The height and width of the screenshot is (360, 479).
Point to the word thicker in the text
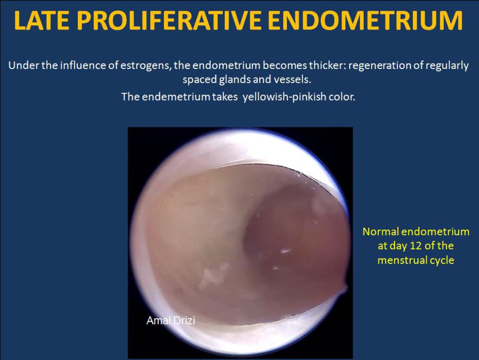[326, 65]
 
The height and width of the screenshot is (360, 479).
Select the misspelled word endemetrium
[176, 97]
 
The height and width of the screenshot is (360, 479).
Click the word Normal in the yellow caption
[380, 232]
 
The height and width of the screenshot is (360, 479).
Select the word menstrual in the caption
[402, 260]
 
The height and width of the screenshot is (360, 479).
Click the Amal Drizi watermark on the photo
[171, 321]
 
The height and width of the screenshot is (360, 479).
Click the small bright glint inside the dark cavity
[285, 251]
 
